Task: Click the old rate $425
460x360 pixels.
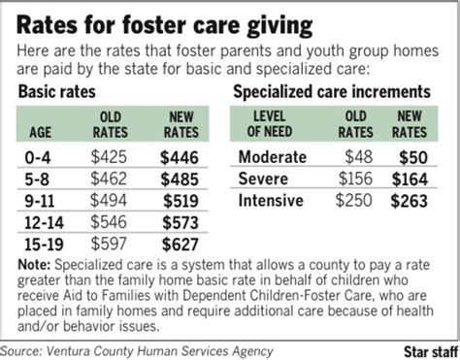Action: (x=110, y=154)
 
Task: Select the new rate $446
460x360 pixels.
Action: (x=180, y=154)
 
